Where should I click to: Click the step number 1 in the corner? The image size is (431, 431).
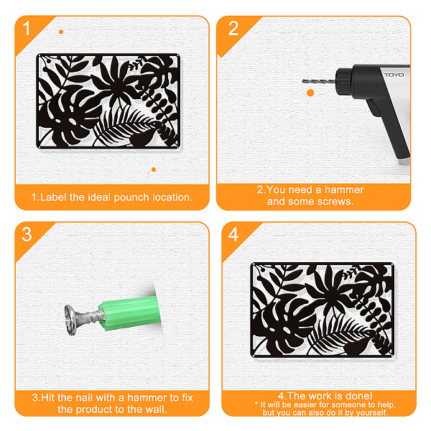pos(27,28)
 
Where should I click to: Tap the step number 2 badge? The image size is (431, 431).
pos(233,28)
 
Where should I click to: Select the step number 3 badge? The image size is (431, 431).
pos(27,234)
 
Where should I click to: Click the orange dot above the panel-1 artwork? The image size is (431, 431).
pos(61,32)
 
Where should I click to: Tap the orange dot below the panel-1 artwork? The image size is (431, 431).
pos(154,170)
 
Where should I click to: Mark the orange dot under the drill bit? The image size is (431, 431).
pos(310,93)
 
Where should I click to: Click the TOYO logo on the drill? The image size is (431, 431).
pos(394,75)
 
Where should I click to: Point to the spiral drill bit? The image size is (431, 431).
pos(319,81)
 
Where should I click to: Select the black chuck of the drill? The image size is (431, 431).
pos(344,82)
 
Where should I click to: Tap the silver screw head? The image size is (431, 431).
pos(70,320)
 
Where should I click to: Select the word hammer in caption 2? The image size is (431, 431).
pos(344,190)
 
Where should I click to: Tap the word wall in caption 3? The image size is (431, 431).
pos(156,409)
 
